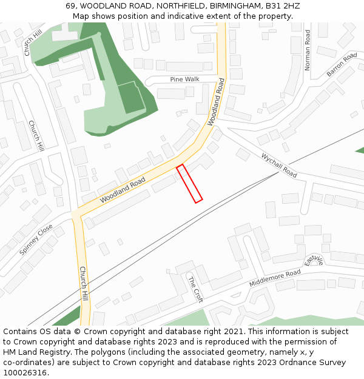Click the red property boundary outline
(189, 183)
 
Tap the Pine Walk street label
(184, 79)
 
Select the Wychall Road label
(279, 164)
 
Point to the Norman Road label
(308, 50)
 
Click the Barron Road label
(342, 65)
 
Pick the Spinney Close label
(36, 240)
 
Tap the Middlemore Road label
(275, 279)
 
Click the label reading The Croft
(195, 289)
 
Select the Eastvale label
(314, 260)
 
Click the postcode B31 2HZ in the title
(280, 6)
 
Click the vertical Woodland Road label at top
(216, 102)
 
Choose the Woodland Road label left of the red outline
(123, 190)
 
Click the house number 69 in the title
(71, 6)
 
